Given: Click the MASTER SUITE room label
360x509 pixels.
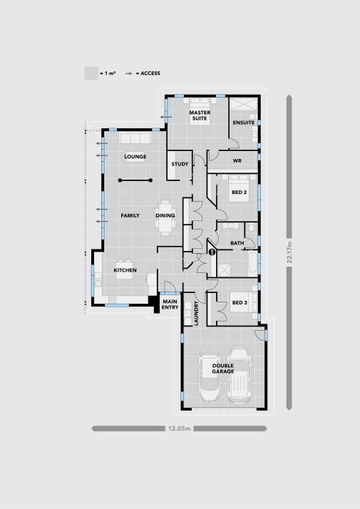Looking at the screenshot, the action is [x=200, y=115].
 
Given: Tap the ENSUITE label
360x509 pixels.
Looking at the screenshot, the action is [x=244, y=123].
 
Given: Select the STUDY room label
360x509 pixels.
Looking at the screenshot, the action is [x=180, y=164].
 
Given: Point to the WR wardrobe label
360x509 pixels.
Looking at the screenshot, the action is [x=237, y=160].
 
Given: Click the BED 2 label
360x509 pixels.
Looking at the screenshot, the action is [x=240, y=192].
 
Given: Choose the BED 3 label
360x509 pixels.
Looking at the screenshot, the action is [x=240, y=302].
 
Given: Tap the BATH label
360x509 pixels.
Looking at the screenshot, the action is [x=237, y=243].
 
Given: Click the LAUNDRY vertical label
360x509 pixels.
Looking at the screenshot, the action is [x=196, y=313].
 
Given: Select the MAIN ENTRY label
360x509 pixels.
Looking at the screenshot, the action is [x=170, y=304].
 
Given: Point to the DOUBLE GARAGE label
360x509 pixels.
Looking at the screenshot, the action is [x=223, y=369].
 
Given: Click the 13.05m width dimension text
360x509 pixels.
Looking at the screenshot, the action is [x=179, y=428].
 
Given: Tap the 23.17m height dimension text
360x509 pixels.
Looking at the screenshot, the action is [x=289, y=252].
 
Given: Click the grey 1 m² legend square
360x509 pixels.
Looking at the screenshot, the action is [x=91, y=73].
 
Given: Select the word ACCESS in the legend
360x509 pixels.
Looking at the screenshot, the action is [x=150, y=73].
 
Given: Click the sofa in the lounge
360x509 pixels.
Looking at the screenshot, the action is [x=135, y=138].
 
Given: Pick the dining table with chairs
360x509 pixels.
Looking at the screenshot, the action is [x=165, y=217].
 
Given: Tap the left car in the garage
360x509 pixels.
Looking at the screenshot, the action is [x=210, y=376].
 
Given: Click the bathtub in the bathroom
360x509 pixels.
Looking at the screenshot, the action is [x=252, y=264].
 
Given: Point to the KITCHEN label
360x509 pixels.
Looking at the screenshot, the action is [x=125, y=270].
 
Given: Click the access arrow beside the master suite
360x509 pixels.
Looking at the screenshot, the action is [x=166, y=117].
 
